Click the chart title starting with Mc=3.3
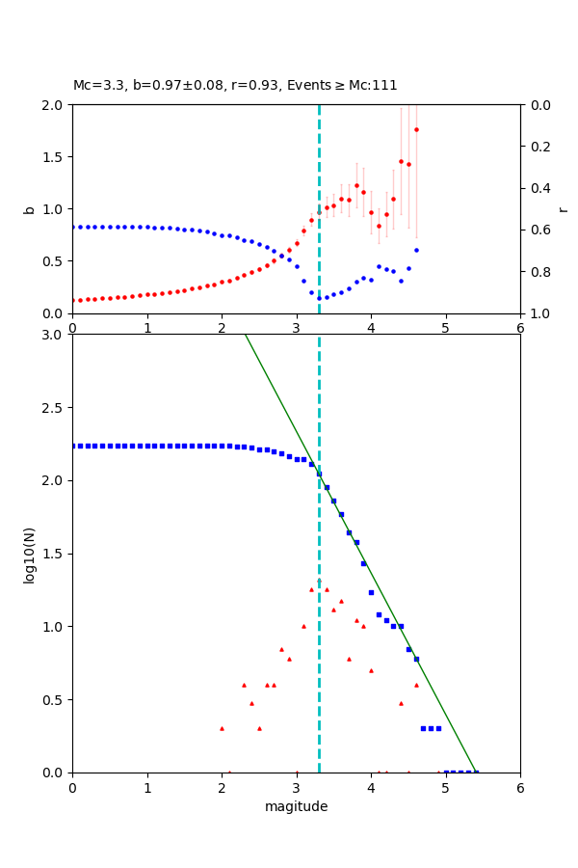pos(235,86)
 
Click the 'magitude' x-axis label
pos(296,806)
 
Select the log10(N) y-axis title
pos(29,554)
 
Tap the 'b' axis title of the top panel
pos(29,209)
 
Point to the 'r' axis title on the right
pos(563,209)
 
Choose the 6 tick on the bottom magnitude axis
pos(520,787)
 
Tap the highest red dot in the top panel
pos(416,129)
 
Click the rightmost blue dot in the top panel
pos(416,250)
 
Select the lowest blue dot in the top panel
pos(319,298)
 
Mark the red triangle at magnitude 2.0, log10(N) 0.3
pos(222,728)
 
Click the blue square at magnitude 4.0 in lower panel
pos(371,592)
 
